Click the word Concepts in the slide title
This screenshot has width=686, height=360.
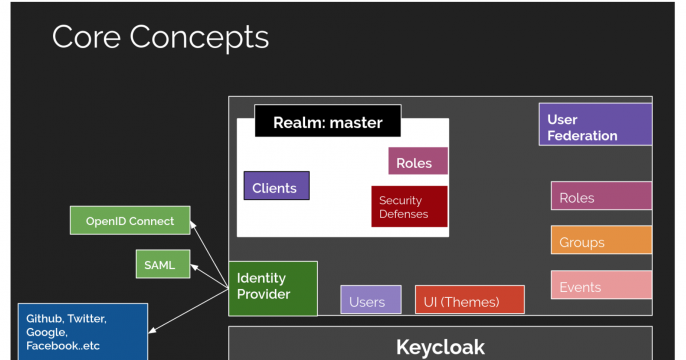202,37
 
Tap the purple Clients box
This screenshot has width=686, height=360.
276,186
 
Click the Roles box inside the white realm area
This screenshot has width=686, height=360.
417,162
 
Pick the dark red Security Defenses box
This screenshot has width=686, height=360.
408,207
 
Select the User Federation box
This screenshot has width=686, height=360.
594,126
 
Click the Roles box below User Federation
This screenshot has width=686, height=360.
600,197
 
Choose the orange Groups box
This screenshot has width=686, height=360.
600,241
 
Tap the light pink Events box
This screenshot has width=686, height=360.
600,286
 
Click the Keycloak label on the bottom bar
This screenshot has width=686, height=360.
440,347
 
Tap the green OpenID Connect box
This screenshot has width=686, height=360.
130,221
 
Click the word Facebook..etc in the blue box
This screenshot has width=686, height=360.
63,346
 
